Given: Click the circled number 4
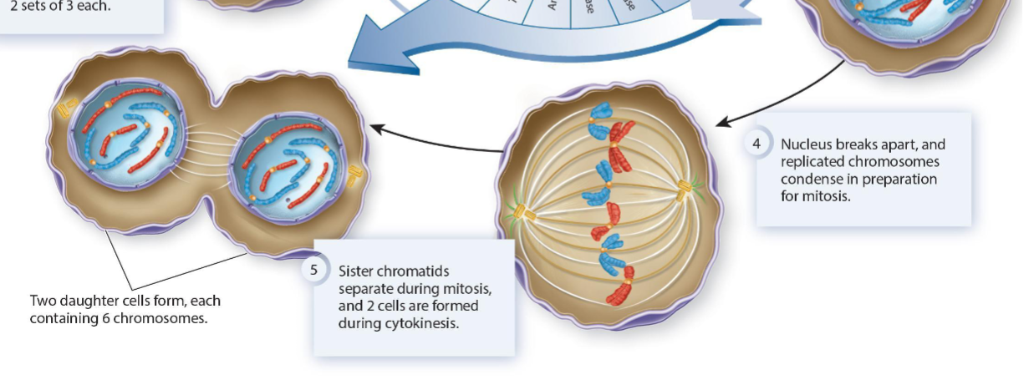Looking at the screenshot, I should (756, 144).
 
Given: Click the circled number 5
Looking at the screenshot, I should (314, 270).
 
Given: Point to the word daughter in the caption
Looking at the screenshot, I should (93, 301).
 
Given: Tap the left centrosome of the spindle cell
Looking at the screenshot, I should (526, 214).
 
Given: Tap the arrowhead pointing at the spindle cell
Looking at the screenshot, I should (721, 124).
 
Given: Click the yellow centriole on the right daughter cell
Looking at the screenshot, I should (355, 175).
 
